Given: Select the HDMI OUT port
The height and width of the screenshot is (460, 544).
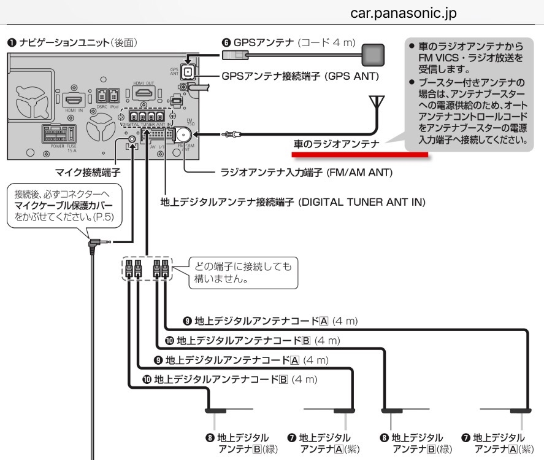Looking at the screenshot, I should pos(145,93).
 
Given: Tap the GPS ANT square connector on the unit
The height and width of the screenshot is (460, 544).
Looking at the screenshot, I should pos(188,73).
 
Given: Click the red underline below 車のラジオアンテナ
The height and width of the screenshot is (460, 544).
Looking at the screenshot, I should pos(359,156).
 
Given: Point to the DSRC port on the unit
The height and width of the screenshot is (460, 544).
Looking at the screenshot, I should pos(102,98).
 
